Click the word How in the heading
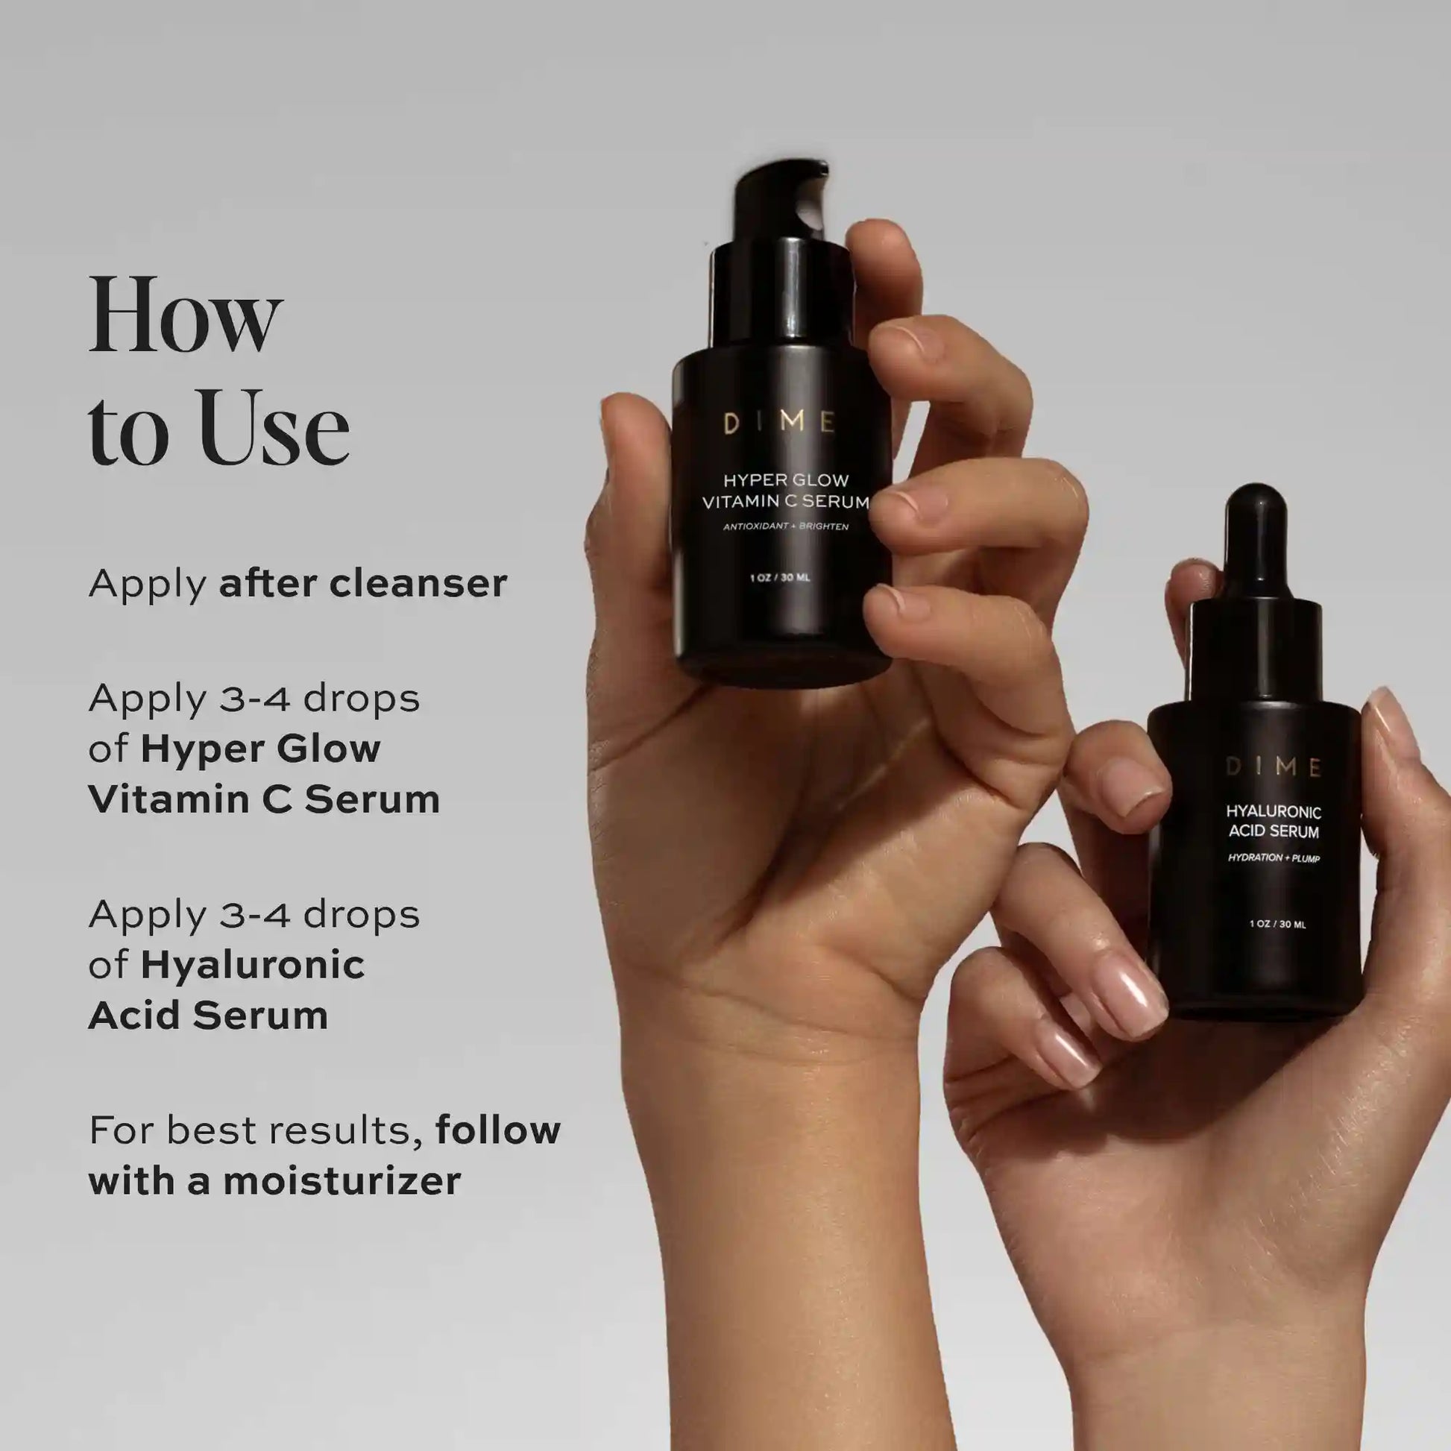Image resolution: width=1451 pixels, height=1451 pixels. click(185, 315)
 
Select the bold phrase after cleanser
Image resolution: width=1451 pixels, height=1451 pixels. click(362, 584)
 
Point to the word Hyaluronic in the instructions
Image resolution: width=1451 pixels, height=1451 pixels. click(252, 966)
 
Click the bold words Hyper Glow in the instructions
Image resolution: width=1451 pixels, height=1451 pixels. click(260, 749)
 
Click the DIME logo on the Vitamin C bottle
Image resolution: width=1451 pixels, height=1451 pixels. click(779, 423)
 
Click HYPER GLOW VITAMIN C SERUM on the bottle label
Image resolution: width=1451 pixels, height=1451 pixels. click(786, 491)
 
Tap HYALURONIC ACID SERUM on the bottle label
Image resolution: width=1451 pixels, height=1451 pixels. click(1273, 821)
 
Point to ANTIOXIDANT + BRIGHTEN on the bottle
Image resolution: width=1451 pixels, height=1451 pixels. click(786, 526)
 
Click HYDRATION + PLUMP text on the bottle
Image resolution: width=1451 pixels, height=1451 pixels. click(1273, 857)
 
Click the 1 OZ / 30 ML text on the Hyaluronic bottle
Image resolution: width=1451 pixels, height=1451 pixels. click(1277, 925)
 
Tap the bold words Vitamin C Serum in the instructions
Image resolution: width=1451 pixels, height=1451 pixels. click(265, 799)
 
